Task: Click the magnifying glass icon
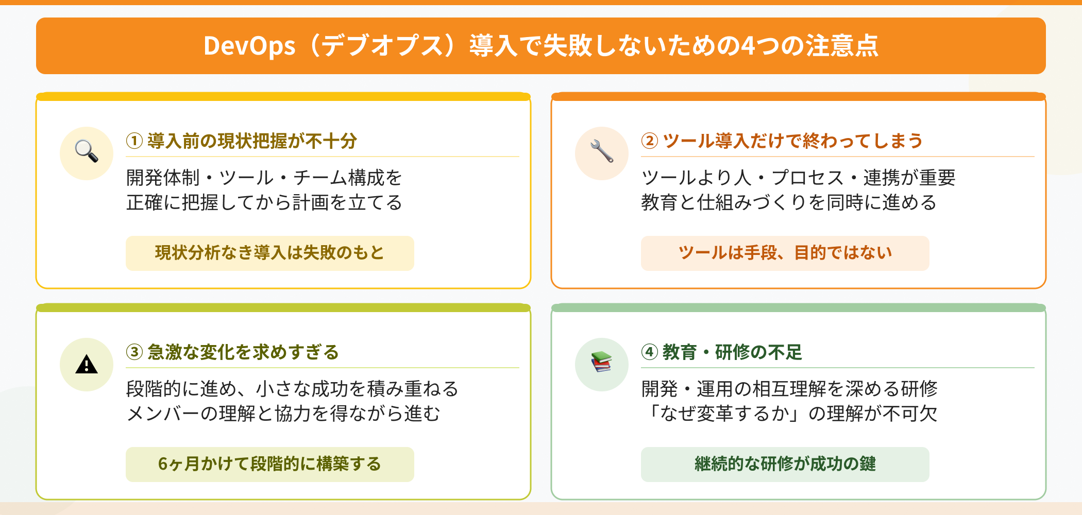87,151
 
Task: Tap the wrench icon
602,151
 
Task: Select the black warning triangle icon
87,364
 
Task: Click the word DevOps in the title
249,46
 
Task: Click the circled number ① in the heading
134,141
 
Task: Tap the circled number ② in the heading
650,141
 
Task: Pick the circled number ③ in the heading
134,352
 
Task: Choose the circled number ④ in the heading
650,352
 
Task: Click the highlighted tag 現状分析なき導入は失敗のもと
269,253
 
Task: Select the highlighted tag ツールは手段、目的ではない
785,253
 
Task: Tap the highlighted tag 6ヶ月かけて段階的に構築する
269,464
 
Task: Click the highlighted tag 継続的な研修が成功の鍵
785,464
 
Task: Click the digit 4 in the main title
748,46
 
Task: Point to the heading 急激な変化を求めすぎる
243,352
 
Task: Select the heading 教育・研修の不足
732,352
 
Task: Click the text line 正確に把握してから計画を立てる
264,202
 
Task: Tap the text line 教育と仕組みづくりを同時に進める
788,202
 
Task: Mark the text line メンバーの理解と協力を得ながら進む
283,414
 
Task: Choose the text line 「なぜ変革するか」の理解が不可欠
790,414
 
